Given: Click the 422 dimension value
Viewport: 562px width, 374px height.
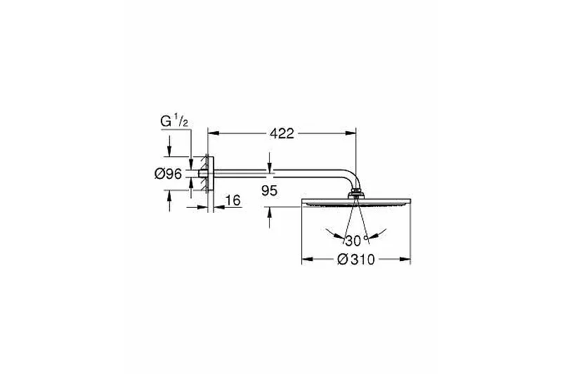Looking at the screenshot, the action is pyautogui.click(x=282, y=133).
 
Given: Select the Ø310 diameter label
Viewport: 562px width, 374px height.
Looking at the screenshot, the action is pyautogui.click(x=356, y=260).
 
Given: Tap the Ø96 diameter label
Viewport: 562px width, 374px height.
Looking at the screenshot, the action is pyautogui.click(x=168, y=174).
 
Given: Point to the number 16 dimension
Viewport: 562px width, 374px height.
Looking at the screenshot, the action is pyautogui.click(x=233, y=201).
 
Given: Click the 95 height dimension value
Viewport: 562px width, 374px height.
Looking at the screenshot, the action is pyautogui.click(x=269, y=191).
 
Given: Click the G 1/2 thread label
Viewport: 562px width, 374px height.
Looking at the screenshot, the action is pyautogui.click(x=174, y=121).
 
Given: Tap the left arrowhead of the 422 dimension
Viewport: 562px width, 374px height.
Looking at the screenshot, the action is pyautogui.click(x=214, y=133).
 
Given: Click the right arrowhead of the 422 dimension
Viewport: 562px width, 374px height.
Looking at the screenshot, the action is pyautogui.click(x=351, y=133).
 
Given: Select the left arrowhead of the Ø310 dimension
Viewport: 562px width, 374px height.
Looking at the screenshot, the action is pyautogui.click(x=308, y=259).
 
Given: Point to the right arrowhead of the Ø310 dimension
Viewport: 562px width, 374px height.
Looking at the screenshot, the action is pyautogui.click(x=405, y=259).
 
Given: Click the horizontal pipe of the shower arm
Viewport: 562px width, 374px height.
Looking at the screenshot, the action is pyautogui.click(x=276, y=173).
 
